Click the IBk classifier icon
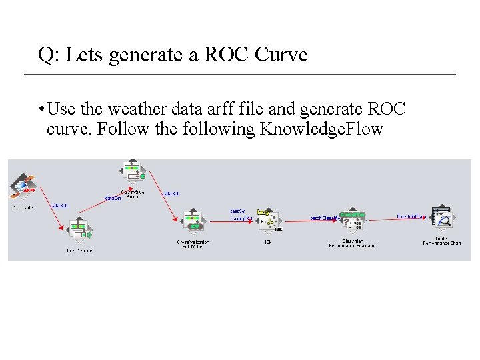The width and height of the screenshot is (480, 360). [x=269, y=221]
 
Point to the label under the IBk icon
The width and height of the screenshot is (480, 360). [x=268, y=242]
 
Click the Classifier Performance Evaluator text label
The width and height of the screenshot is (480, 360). [x=352, y=243]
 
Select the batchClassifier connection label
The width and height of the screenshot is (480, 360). [x=325, y=218]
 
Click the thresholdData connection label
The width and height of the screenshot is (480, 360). [x=411, y=217]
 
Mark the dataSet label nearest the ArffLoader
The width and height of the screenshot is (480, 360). [x=59, y=206]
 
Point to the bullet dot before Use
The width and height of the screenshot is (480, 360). [x=41, y=109]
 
